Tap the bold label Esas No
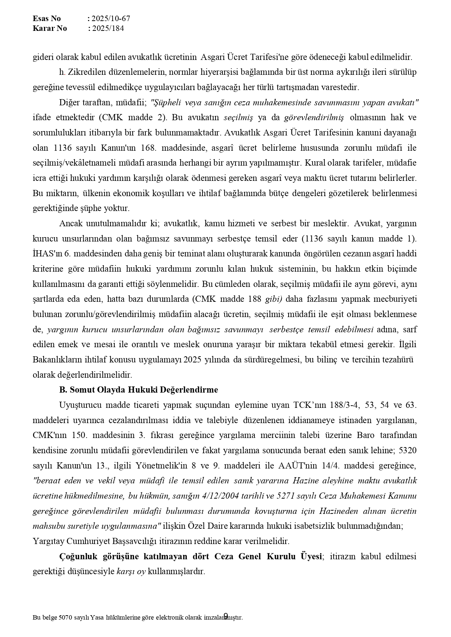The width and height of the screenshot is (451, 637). coord(47,19)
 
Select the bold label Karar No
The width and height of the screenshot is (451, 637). coord(50,28)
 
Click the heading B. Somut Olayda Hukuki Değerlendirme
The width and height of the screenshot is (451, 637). coord(138,390)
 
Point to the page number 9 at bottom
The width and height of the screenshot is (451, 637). coord(225,615)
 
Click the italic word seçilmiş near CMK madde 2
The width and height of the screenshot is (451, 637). coord(238,118)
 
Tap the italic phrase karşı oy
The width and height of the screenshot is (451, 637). coord(131,571)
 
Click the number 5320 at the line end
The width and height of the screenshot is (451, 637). coord(408,450)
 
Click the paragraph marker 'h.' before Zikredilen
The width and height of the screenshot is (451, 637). coord(62,72)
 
